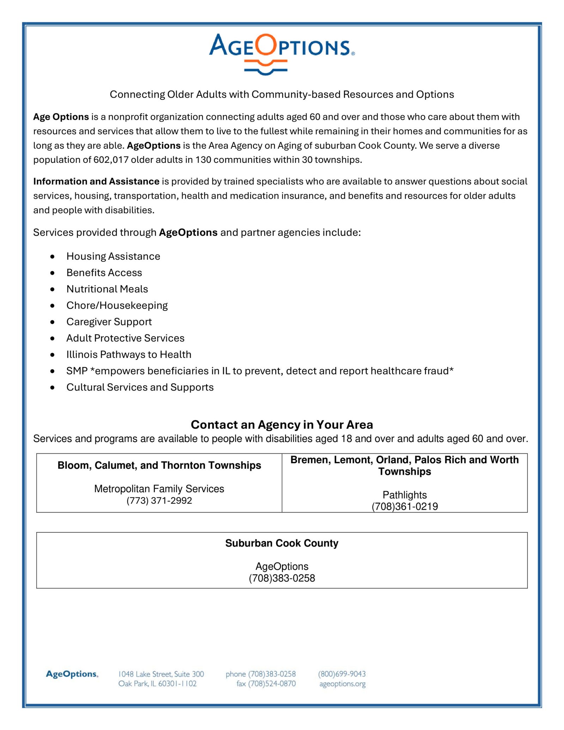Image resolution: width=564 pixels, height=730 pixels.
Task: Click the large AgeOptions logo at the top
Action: click(282, 53)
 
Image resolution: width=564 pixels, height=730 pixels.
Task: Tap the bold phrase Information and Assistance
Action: click(96, 182)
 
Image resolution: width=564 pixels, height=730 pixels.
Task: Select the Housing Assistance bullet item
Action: click(113, 256)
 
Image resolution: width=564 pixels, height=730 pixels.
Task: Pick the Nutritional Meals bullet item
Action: click(107, 289)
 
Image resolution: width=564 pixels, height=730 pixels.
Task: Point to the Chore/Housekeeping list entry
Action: click(117, 305)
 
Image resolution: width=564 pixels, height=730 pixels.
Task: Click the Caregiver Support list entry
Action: click(109, 322)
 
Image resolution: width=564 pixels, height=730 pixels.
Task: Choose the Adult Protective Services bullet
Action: click(125, 338)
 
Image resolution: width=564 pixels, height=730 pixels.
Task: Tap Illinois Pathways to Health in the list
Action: click(129, 355)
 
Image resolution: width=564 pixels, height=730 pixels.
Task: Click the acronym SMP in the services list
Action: click(77, 371)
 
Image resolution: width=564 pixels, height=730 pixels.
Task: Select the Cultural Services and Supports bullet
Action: click(140, 387)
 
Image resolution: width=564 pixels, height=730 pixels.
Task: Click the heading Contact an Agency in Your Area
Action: click(282, 425)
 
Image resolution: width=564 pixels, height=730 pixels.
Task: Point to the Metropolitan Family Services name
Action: click(159, 489)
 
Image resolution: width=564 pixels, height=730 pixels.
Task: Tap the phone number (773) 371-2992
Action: click(159, 501)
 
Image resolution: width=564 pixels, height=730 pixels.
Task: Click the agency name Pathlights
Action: click(405, 495)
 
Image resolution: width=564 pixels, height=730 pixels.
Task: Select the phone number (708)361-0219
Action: click(405, 507)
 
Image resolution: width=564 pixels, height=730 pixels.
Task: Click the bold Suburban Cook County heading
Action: click(282, 543)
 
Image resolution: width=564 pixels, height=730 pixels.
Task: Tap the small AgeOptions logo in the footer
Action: click(72, 674)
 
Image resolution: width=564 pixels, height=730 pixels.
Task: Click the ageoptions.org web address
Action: click(342, 684)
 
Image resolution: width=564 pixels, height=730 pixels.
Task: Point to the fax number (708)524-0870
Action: click(271, 684)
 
